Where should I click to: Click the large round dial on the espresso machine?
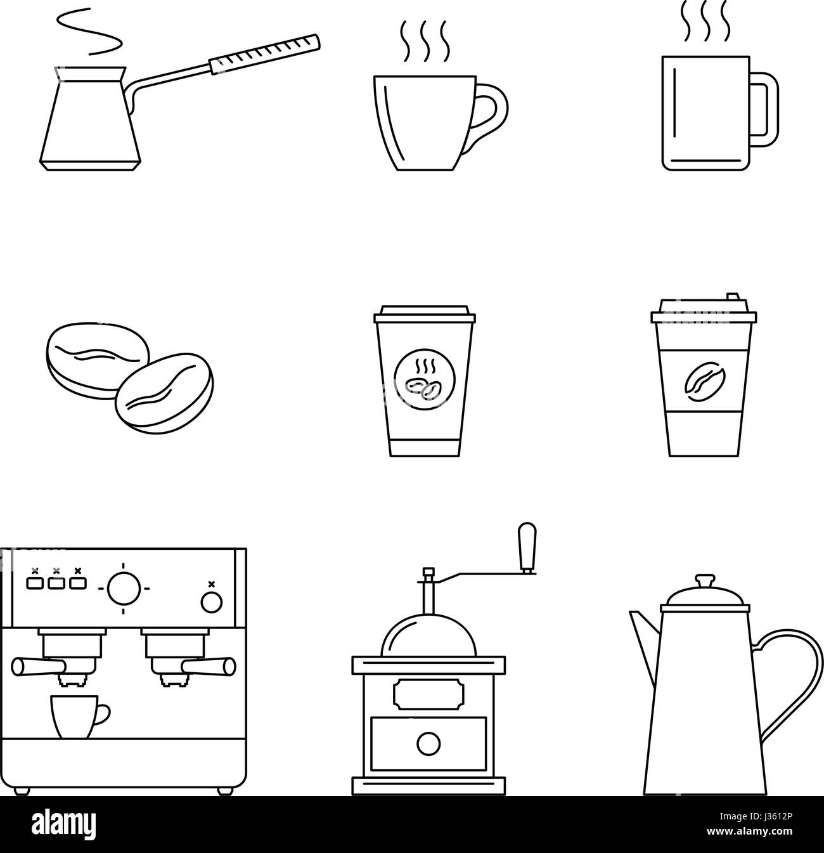(124, 588)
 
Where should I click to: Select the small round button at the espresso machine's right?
(212, 602)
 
